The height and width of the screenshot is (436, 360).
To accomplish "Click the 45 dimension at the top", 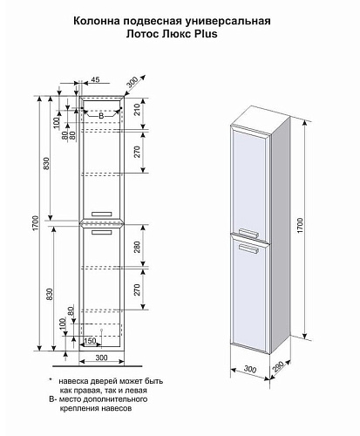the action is pos(95,79).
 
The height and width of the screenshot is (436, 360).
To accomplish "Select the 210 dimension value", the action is pos(137,110).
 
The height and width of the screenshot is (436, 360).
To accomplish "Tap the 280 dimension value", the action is pos(137,247).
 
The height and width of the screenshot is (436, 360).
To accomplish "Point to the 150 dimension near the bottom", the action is pos(90,340).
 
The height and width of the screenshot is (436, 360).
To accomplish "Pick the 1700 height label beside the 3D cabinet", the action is pos(300,225).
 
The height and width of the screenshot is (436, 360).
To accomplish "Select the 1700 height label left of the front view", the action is pos(35,223).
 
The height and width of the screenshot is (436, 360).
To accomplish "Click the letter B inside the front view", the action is pos(101,116).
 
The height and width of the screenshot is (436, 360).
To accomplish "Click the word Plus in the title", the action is pos(206,34).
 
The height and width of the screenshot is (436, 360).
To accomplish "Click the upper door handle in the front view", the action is pos(101,215).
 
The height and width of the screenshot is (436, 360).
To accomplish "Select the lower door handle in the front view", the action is pos(101,232).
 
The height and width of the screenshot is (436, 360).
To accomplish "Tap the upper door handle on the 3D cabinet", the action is pos(248,233).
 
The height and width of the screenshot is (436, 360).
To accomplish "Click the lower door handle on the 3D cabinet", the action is pos(248,249).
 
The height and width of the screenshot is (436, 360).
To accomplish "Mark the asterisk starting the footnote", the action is pos(51,380).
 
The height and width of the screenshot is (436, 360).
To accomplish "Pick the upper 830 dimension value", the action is pos(46,163).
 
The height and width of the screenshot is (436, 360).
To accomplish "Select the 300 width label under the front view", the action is pos(101,358).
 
